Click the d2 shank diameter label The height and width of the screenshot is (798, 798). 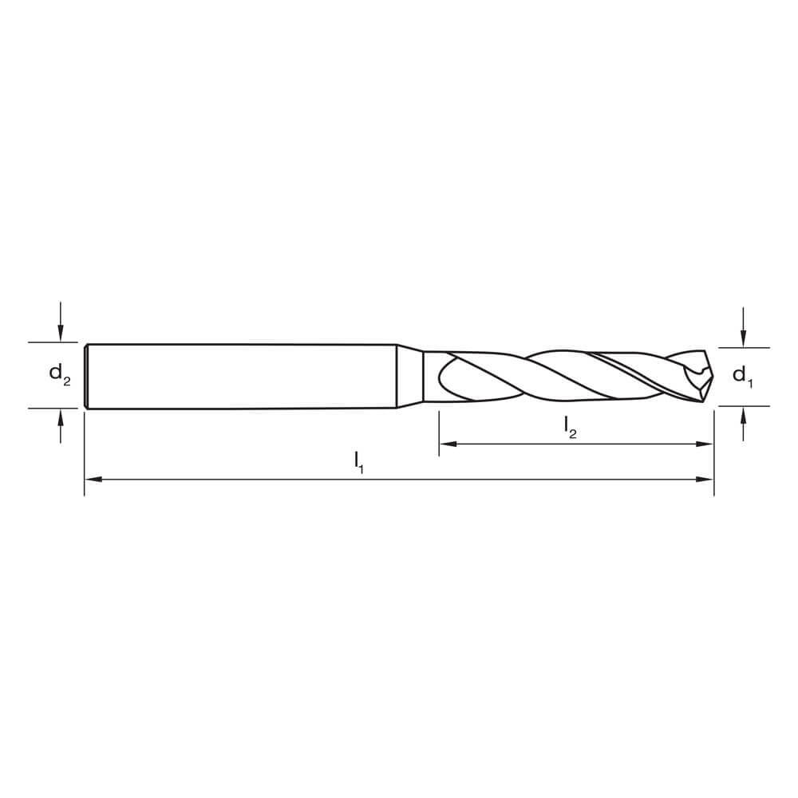point(59,373)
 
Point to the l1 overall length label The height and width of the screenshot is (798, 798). point(359,461)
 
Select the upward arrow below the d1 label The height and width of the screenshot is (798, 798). point(743,415)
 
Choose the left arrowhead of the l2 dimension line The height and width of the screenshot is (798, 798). point(448,444)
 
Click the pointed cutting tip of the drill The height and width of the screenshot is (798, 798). point(709,375)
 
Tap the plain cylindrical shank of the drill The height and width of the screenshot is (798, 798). point(239,376)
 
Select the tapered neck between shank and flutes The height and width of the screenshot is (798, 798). point(409,376)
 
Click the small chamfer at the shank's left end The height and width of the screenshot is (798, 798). point(85,376)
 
